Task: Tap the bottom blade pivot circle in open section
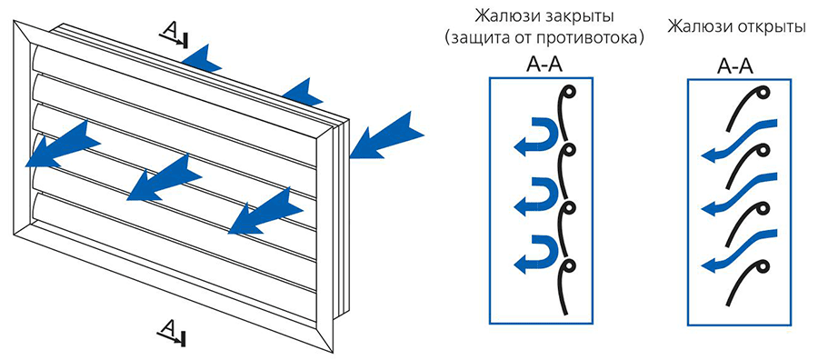763,266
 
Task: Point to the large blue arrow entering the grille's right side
386,134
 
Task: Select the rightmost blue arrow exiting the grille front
265,211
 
